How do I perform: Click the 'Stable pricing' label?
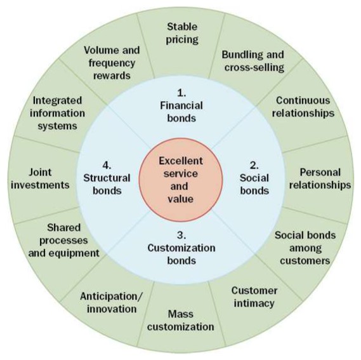click(x=182, y=33)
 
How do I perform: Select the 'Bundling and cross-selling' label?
click(x=253, y=61)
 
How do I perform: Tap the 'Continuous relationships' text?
click(x=303, y=107)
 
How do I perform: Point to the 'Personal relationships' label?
click(x=320, y=178)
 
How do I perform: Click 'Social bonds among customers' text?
click(x=305, y=248)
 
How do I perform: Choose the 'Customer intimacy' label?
click(x=254, y=297)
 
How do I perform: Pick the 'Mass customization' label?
click(x=181, y=321)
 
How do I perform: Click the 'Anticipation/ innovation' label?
click(x=112, y=303)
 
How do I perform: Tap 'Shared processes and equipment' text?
click(x=64, y=241)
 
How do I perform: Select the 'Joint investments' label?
click(x=40, y=178)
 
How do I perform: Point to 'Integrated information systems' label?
click(x=57, y=113)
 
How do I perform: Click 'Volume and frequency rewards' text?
click(x=112, y=63)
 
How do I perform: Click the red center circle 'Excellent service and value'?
click(x=181, y=180)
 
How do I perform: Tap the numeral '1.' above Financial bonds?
click(x=181, y=93)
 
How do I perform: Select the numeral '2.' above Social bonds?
click(x=254, y=166)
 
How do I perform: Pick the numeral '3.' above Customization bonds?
click(x=181, y=236)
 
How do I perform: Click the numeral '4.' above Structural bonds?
click(x=107, y=166)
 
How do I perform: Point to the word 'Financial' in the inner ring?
click(x=181, y=105)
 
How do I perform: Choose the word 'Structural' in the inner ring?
click(x=107, y=178)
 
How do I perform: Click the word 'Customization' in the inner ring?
click(x=181, y=248)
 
